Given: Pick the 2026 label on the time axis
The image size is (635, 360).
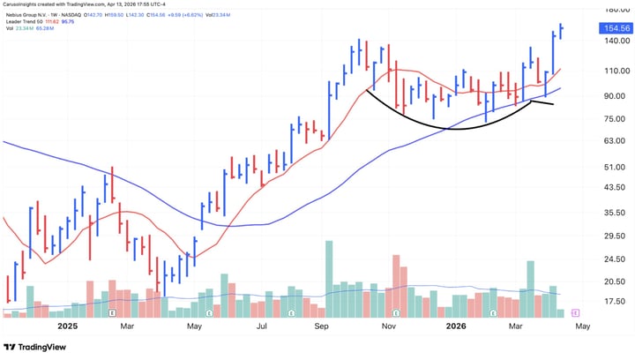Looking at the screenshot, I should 455,325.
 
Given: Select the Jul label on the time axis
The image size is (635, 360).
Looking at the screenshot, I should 261,325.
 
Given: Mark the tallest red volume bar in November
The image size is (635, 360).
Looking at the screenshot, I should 397,286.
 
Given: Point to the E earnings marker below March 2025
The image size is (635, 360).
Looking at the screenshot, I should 112,312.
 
